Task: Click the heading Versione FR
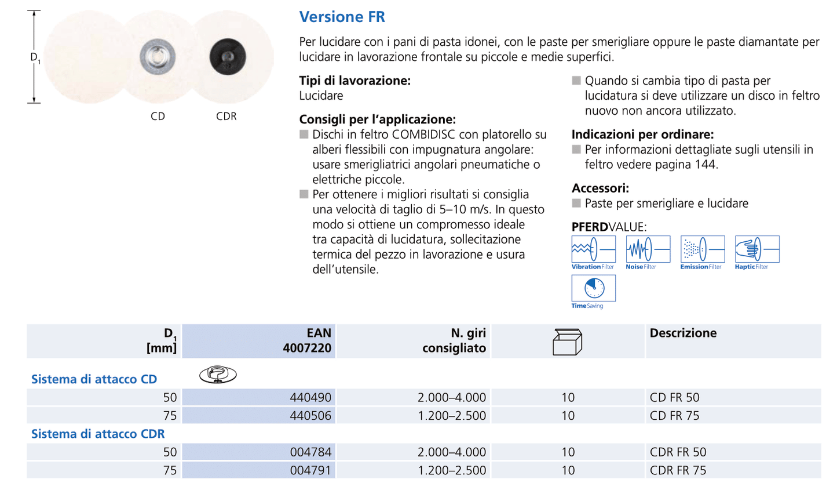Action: [342, 17]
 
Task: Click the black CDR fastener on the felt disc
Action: [227, 56]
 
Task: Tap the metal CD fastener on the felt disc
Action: [158, 56]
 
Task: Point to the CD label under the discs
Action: [158, 116]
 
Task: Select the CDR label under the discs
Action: [226, 116]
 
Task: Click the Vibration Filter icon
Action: [593, 249]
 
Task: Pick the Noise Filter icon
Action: [648, 249]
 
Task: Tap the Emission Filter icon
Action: [702, 249]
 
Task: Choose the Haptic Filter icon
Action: [756, 249]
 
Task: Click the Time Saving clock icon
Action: [594, 288]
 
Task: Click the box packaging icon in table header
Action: [567, 342]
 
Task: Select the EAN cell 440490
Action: [310, 397]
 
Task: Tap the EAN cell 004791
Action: [310, 470]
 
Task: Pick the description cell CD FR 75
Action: [674, 416]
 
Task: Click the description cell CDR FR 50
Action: [678, 452]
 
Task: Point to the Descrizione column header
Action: [683, 333]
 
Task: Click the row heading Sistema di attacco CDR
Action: [98, 434]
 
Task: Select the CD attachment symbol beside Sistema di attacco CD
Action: [218, 375]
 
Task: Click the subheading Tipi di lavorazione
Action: [354, 81]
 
